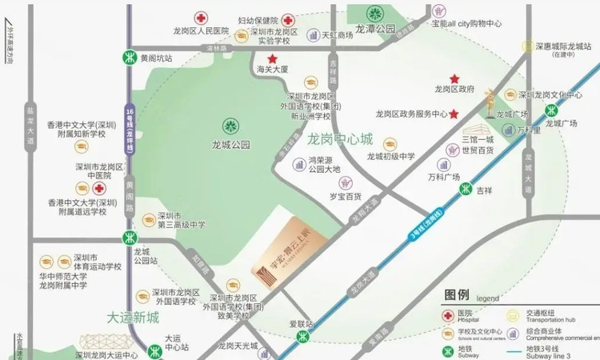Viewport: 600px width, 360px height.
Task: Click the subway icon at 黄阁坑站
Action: pyautogui.click(x=129, y=58)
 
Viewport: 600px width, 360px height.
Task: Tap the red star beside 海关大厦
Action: pyautogui.click(x=273, y=58)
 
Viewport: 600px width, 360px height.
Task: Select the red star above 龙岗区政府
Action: pyautogui.click(x=454, y=78)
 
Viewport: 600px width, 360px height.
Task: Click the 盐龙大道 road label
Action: pyautogui.click(x=31, y=129)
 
